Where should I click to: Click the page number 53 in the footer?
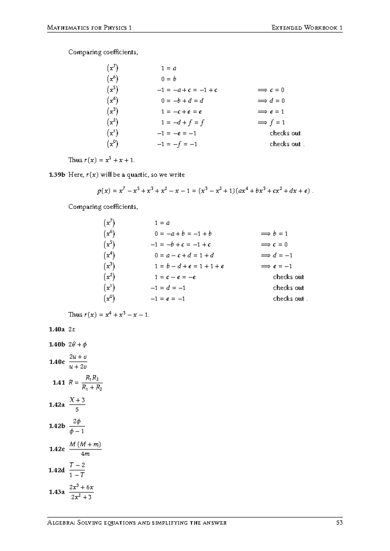(x=340, y=523)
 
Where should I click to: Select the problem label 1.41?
(x=59, y=382)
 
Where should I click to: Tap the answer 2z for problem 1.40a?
(x=72, y=329)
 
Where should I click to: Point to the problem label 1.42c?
(x=57, y=449)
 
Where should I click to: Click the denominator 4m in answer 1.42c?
(x=85, y=454)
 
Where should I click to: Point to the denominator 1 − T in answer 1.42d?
(x=77, y=475)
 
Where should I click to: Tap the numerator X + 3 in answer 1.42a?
(x=77, y=400)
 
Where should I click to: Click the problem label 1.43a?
(x=57, y=492)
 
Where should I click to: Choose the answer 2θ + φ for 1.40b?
(x=78, y=344)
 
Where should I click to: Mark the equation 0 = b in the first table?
(x=169, y=79)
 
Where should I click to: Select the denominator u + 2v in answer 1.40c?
(x=78, y=367)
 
